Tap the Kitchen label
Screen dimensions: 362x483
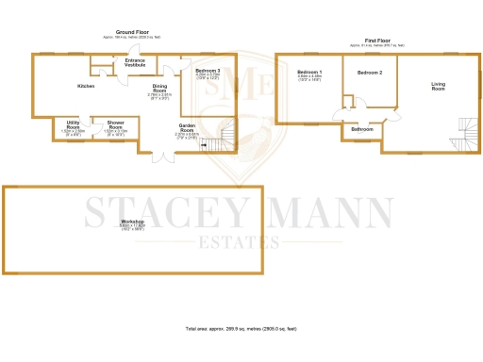pyautogui.click(x=86, y=86)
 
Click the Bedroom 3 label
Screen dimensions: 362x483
pyautogui.click(x=208, y=72)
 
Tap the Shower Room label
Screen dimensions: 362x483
pyautogui.click(x=116, y=125)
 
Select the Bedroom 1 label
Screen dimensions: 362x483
pyautogui.click(x=309, y=73)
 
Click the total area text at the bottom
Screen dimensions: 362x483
pyautogui.click(x=241, y=328)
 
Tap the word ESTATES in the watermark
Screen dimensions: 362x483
pyautogui.click(x=241, y=241)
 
